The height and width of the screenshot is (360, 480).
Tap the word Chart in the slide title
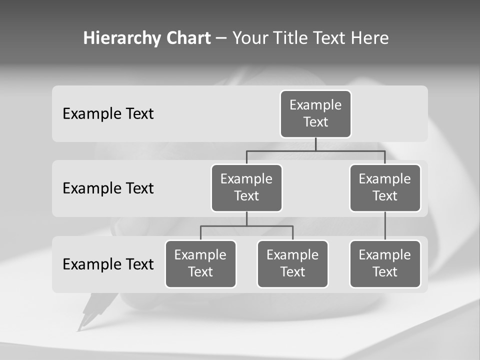[x=186, y=38]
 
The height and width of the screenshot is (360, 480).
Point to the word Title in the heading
[x=289, y=38]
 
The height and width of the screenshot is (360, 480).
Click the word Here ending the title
[x=370, y=38]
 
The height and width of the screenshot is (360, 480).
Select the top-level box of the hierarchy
[x=315, y=114]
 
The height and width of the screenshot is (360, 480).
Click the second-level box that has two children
[x=246, y=188]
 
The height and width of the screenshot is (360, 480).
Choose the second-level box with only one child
[x=385, y=188]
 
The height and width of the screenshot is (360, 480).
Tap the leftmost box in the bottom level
[x=200, y=264]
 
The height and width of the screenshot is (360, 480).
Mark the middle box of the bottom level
[x=292, y=264]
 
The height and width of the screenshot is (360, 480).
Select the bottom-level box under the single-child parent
[x=385, y=264]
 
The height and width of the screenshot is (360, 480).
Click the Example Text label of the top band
[x=108, y=114]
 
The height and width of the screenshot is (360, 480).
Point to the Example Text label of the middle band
[x=108, y=188]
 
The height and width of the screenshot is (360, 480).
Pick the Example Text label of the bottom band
[x=108, y=264]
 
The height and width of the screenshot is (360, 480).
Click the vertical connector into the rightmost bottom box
[x=385, y=226]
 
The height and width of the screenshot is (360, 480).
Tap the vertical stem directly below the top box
[x=315, y=144]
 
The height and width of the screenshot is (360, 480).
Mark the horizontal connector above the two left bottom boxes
[x=246, y=226]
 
